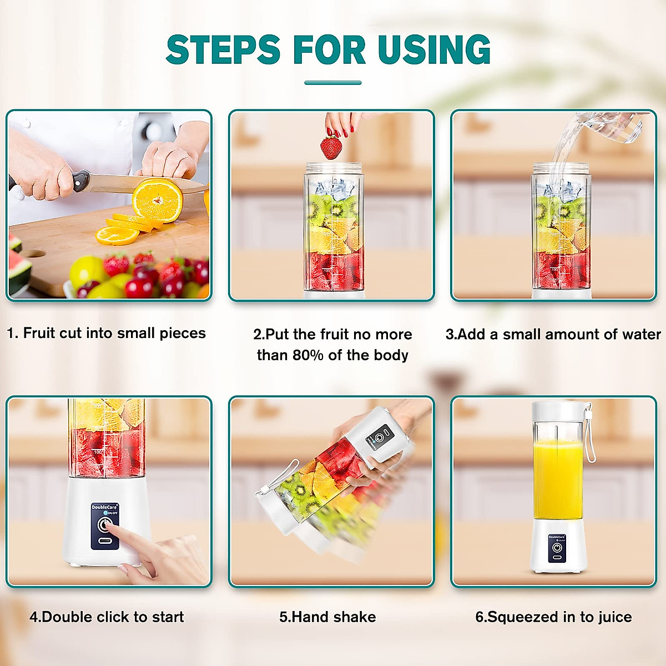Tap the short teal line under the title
[333, 83]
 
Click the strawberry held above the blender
[331, 148]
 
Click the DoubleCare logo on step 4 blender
[104, 507]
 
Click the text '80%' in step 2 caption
[308, 355]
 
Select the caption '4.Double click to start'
[107, 617]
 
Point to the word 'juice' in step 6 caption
[613, 617]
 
